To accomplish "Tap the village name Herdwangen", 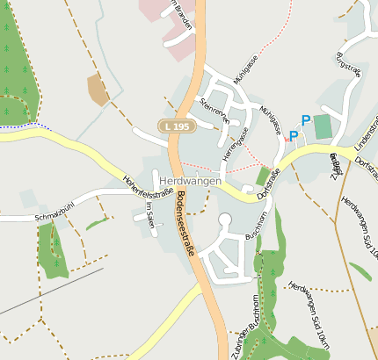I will (x=191, y=180).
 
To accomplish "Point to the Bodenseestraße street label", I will (x=185, y=225).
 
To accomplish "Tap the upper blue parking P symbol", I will (x=306, y=120).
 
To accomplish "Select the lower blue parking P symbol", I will (x=294, y=135).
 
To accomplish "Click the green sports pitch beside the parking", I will (x=323, y=126).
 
